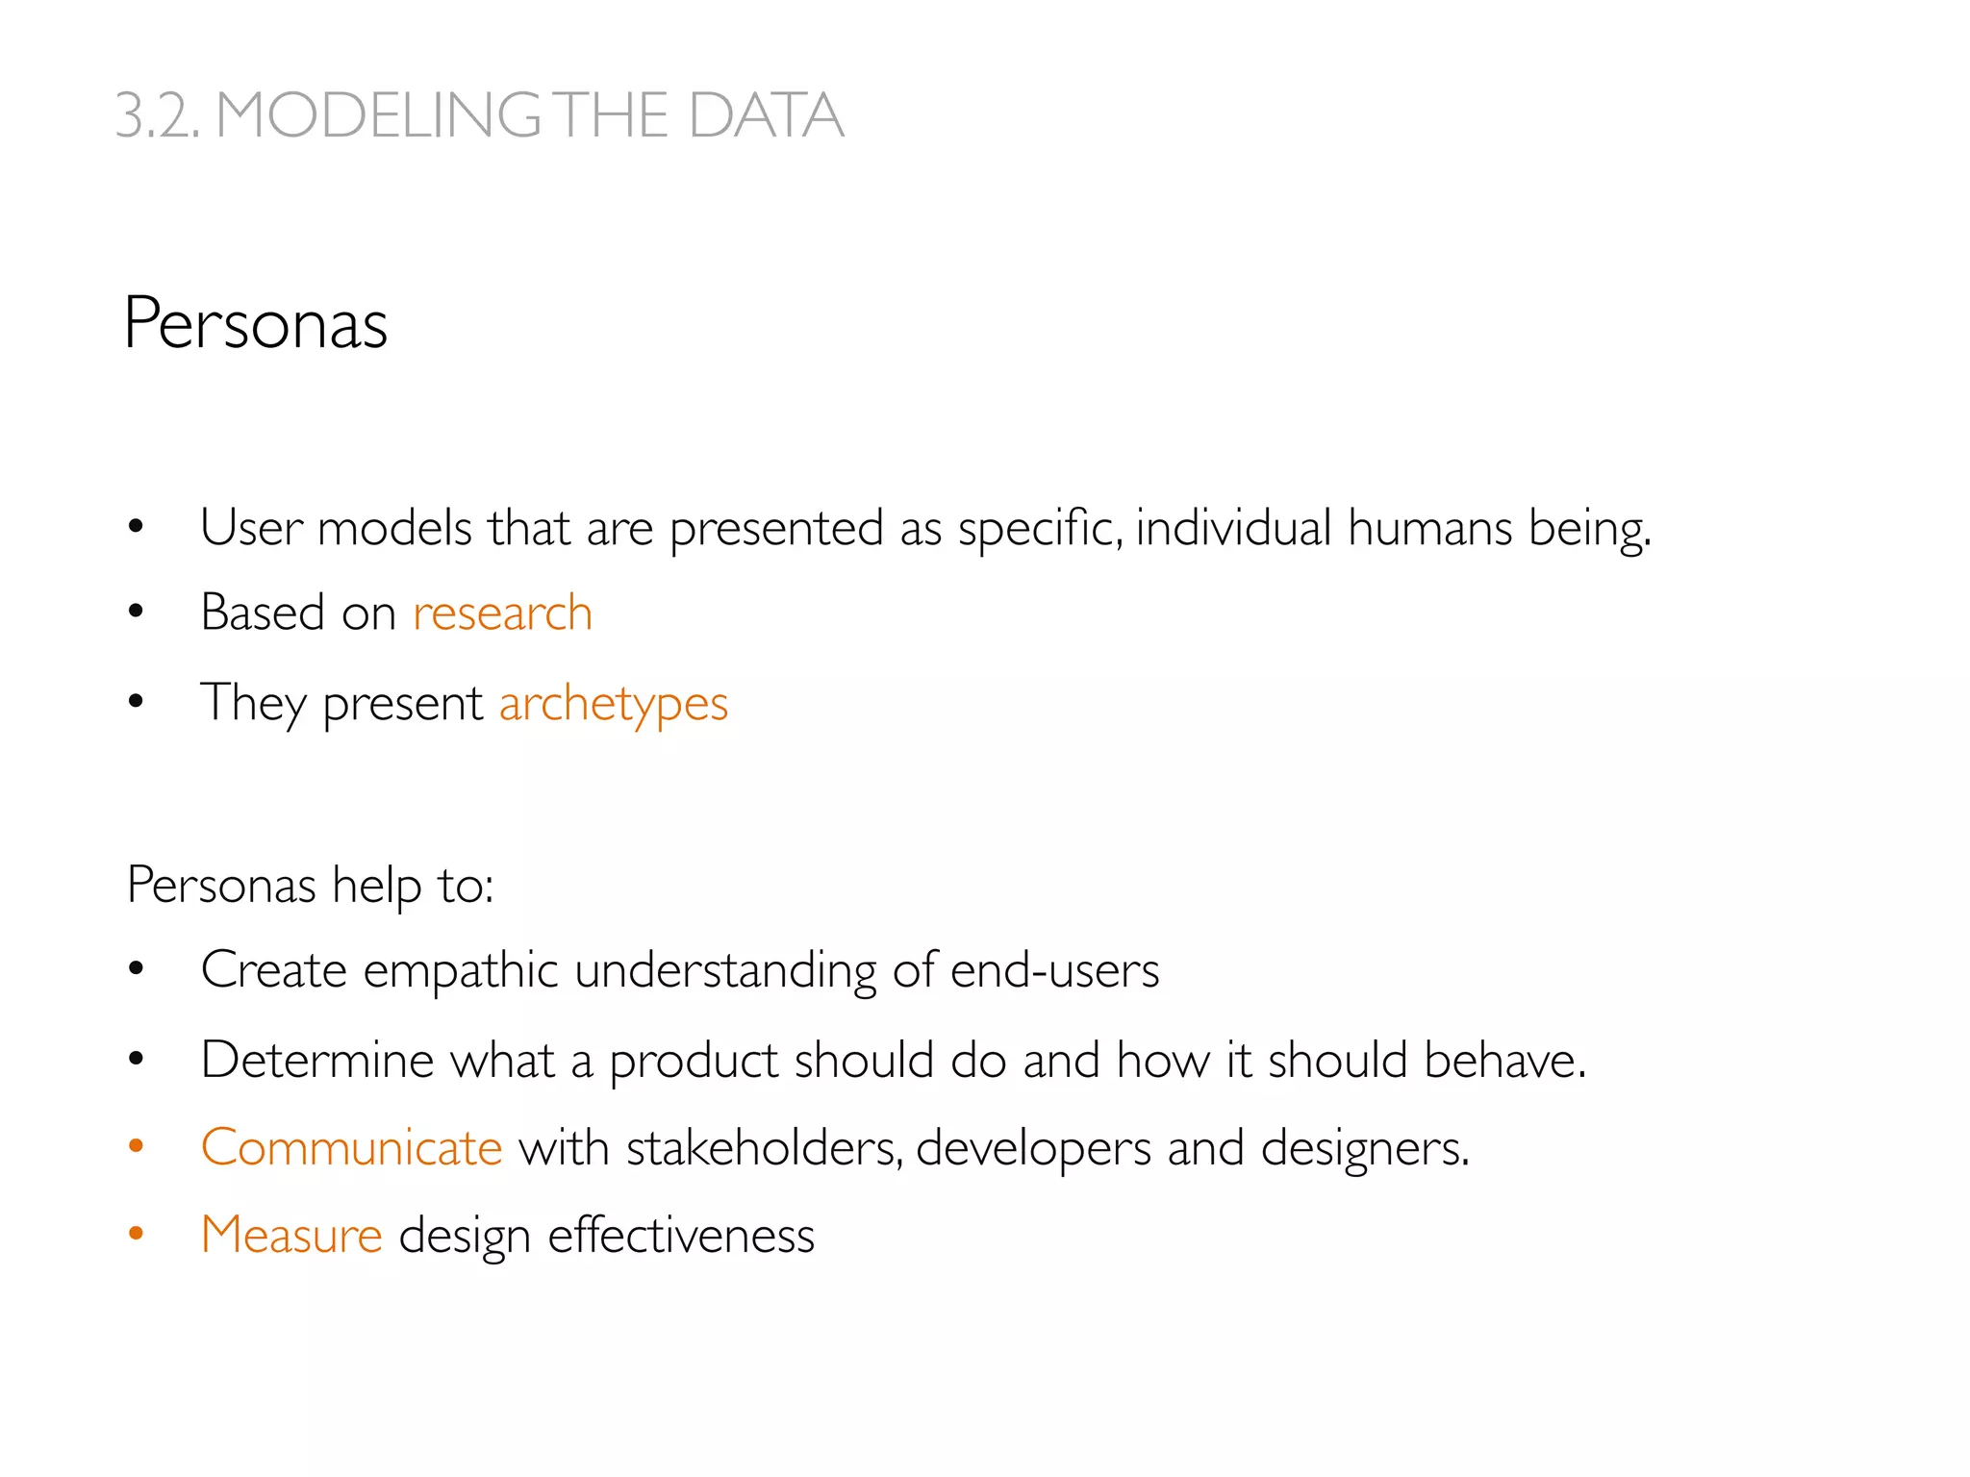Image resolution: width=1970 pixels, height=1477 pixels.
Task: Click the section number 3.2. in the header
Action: (157, 115)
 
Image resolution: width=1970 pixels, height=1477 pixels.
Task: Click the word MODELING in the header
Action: (378, 115)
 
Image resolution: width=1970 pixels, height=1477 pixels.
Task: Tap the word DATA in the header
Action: (766, 115)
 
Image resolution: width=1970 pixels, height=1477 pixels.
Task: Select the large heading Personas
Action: (256, 324)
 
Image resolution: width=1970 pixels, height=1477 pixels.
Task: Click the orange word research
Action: (502, 613)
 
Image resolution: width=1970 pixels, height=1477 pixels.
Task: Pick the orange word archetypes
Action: (614, 704)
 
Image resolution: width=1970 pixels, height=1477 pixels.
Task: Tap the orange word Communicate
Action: (351, 1148)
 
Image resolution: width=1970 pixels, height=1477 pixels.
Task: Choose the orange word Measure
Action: (291, 1236)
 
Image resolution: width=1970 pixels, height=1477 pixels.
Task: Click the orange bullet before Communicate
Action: (136, 1146)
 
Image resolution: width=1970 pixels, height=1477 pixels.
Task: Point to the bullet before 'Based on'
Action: (136, 612)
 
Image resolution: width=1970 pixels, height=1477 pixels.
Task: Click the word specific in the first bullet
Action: (1040, 528)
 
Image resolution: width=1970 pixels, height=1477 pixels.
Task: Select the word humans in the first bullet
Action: (1429, 528)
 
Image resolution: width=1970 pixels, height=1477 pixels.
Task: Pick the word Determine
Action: (317, 1061)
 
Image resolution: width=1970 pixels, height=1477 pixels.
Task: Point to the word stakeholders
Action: (765, 1148)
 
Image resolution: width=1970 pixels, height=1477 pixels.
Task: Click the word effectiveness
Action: (681, 1236)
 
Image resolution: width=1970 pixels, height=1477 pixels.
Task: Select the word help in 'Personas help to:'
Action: (376, 886)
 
